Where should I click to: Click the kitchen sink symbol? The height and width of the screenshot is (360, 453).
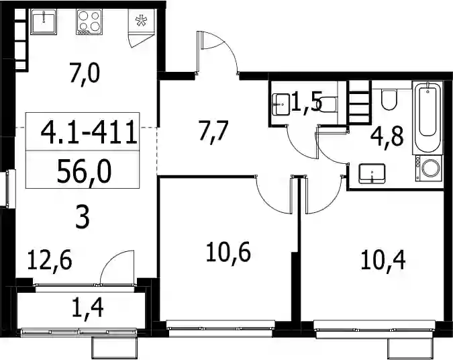[44, 21]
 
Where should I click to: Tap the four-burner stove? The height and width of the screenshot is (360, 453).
[89, 21]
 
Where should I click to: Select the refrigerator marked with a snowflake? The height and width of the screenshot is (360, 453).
[142, 21]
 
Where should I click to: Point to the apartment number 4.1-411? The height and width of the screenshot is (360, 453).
[89, 132]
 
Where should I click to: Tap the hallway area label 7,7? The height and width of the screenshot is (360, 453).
[214, 132]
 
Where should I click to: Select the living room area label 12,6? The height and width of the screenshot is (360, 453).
[50, 260]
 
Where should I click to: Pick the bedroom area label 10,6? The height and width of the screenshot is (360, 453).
[229, 253]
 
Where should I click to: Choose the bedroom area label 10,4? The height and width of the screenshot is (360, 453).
[383, 260]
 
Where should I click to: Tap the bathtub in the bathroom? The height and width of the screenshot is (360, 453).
[427, 117]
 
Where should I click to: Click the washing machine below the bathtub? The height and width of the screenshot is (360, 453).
[429, 169]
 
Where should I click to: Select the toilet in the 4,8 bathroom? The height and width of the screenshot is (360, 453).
[389, 99]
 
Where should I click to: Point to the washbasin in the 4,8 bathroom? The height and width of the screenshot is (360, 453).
[372, 173]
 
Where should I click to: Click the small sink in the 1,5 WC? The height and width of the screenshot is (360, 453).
[281, 104]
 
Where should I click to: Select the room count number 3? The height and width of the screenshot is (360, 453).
[83, 218]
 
